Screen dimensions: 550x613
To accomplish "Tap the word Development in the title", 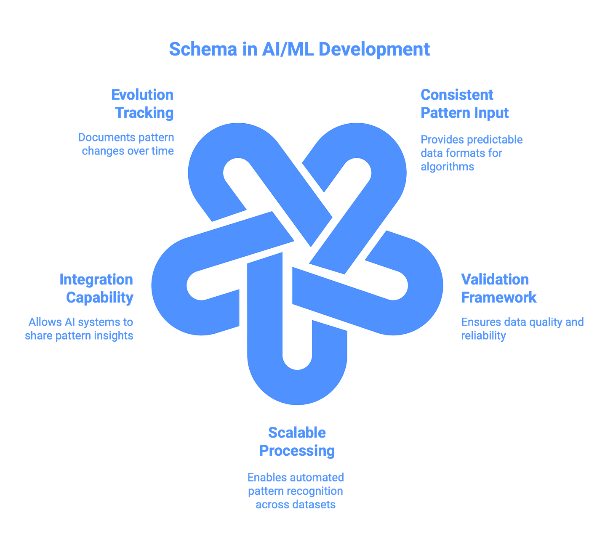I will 374,49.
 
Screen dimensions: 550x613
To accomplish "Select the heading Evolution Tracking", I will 143,104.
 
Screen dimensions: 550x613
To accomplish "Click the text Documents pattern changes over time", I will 126,144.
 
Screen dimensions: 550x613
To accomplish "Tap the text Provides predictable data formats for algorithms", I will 471,152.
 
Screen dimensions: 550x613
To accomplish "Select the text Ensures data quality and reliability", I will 522,329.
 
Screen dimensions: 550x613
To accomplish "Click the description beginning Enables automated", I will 296,491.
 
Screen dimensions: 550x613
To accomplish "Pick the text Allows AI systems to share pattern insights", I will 80,329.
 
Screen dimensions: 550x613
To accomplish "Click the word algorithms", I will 442,166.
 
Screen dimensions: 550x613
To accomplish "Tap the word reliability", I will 483,336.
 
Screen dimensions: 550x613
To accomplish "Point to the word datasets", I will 315,504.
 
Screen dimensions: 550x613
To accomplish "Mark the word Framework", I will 498,297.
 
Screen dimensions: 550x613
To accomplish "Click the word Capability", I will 100,297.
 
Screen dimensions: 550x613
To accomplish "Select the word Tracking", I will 145,113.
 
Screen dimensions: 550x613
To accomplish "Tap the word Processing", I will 297,450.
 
